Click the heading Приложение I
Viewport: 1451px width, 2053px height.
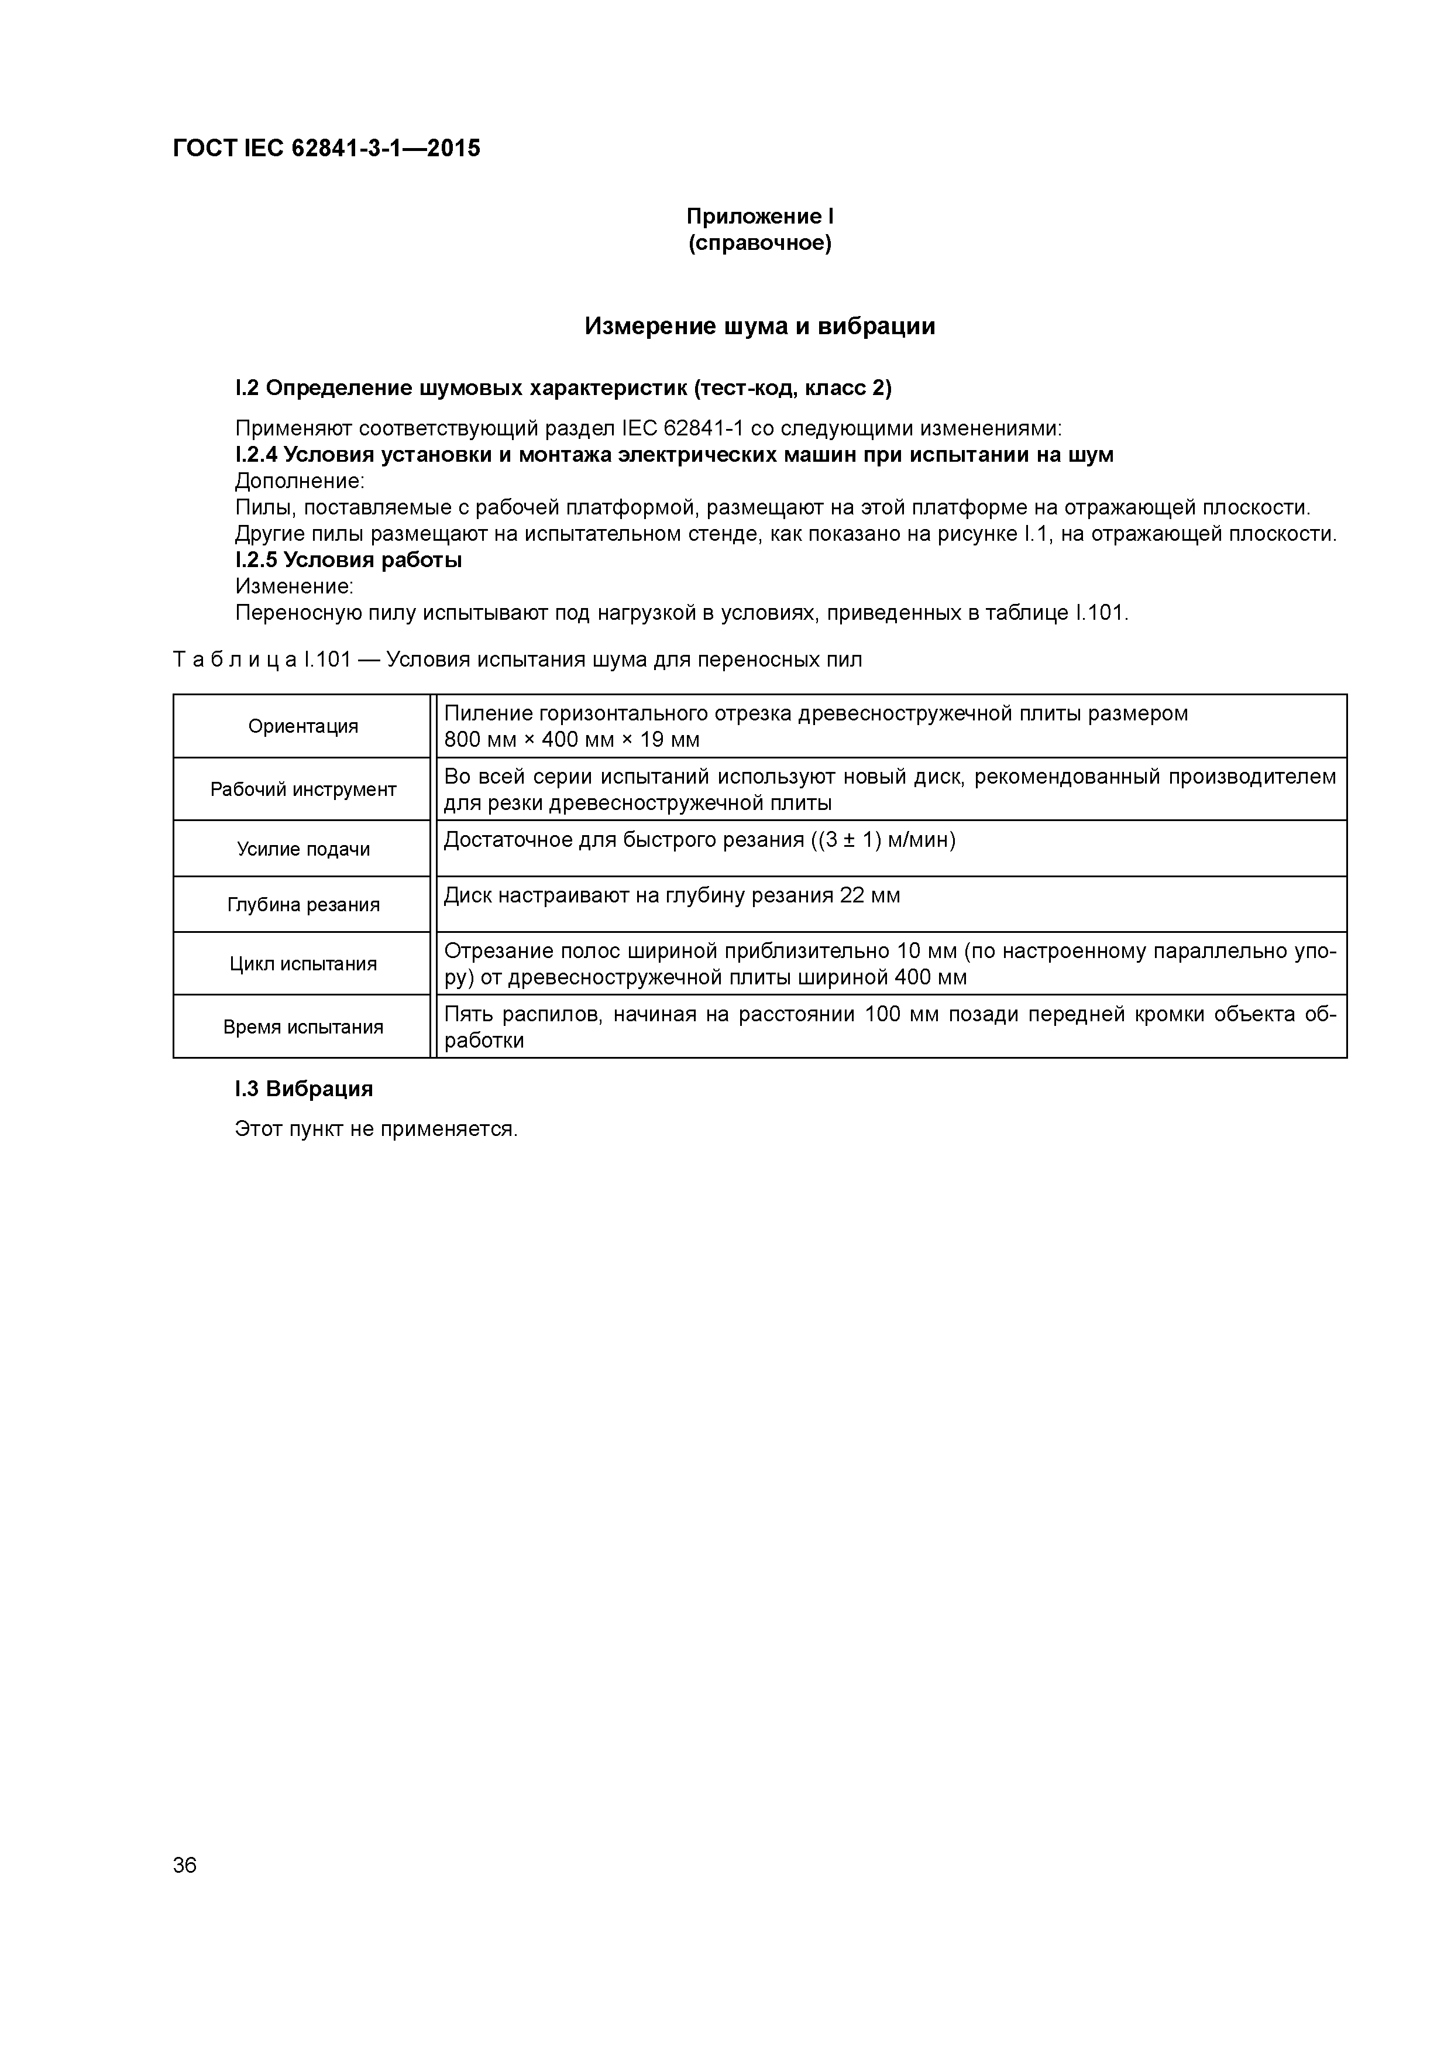tap(759, 217)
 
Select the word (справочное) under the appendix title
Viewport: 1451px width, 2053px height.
tap(759, 243)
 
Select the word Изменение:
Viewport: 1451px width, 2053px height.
tap(294, 586)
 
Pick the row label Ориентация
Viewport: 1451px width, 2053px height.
tap(303, 726)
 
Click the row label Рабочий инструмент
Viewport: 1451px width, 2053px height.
tap(303, 789)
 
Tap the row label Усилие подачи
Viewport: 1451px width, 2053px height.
tap(303, 849)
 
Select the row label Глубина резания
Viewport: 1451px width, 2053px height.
tap(303, 905)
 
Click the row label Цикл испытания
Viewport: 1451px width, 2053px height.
tap(303, 964)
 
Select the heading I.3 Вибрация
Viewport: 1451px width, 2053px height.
tap(304, 1089)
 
